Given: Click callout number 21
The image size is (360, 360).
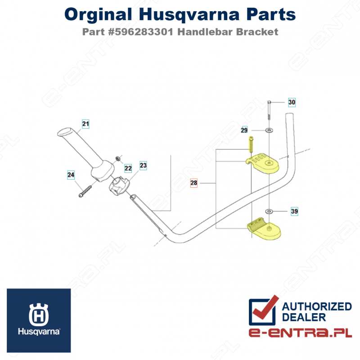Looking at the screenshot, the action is (85, 124).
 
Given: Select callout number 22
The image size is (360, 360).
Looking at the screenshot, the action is (128, 168).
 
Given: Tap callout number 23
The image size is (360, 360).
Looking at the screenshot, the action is (143, 165).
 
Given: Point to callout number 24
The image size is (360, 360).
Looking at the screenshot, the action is (71, 175).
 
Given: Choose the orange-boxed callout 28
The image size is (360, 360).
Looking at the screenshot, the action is (194, 183).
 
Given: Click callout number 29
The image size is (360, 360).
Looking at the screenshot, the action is (244, 130).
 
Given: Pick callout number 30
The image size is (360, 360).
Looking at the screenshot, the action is (292, 102).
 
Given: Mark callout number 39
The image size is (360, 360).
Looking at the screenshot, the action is (294, 211).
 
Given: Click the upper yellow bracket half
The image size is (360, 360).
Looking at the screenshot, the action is (263, 163).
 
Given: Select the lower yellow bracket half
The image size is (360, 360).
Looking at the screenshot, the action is (264, 229).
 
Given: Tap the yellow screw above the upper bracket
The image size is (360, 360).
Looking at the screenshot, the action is (251, 144).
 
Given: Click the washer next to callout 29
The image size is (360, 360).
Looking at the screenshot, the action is (269, 130).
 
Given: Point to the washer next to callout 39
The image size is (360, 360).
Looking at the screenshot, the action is (269, 211).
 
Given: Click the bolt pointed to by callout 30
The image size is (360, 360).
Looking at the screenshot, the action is (269, 110).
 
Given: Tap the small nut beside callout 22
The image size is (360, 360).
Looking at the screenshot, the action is (118, 158).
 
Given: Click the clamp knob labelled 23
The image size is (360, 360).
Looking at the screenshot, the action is (119, 186).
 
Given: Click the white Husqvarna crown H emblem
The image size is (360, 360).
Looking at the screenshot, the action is (39, 314).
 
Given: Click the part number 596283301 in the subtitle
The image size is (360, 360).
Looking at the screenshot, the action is (144, 31).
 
